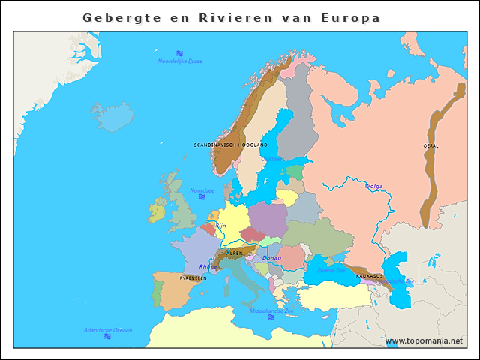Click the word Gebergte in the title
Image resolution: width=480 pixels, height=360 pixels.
tap(121, 17)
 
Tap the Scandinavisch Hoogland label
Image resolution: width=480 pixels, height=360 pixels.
tap(230, 145)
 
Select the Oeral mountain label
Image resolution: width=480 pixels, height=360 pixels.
tap(430, 145)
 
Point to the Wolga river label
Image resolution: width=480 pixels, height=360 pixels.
tap(373, 186)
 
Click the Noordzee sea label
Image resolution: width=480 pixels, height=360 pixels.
tap(202, 190)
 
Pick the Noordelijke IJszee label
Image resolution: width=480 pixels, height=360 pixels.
tap(180, 61)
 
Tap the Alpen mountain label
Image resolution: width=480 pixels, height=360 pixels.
tap(235, 253)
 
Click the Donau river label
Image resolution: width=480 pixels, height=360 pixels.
tap(271, 258)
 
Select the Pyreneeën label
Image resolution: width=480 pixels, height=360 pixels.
tap(193, 277)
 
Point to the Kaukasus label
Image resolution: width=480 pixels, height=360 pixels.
tap(369, 276)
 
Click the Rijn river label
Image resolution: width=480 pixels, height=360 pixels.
tap(220, 225)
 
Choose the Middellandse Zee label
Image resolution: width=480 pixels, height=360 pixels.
tap(271, 310)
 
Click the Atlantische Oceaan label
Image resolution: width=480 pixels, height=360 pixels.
tap(108, 330)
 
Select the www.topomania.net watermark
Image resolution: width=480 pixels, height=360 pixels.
tap(424, 341)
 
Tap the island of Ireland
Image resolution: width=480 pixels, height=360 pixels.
tap(157, 209)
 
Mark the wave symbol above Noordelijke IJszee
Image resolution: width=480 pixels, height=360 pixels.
tap(180, 53)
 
